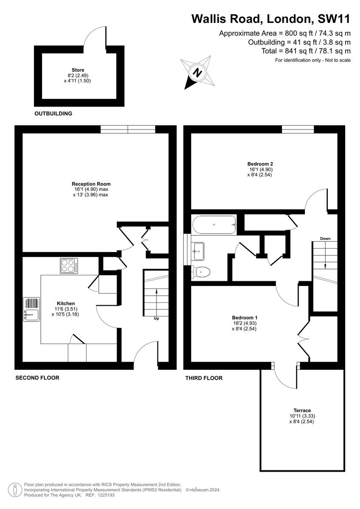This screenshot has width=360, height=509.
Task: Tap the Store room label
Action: tap(78, 70)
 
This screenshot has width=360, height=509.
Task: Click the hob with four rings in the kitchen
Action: tap(69, 266)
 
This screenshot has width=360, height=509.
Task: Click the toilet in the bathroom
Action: tap(200, 272)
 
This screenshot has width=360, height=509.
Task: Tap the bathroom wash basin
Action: tap(198, 251)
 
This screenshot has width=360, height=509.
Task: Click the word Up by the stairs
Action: tap(156, 318)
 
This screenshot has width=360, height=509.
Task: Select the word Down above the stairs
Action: tap(325, 238)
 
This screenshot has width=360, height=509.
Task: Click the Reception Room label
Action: tap(91, 184)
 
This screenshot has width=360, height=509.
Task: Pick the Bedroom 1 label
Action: tap(245, 317)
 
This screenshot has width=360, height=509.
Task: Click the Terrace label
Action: tap(301, 410)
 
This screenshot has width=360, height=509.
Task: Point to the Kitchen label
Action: tap(66, 303)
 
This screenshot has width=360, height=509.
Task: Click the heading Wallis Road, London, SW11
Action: tap(271, 19)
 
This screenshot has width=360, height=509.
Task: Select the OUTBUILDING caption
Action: tap(53, 114)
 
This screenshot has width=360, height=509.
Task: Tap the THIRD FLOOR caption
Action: tap(204, 378)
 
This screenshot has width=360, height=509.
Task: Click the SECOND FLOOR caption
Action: tap(37, 378)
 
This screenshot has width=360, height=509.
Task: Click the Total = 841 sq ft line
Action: tap(306, 51)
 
